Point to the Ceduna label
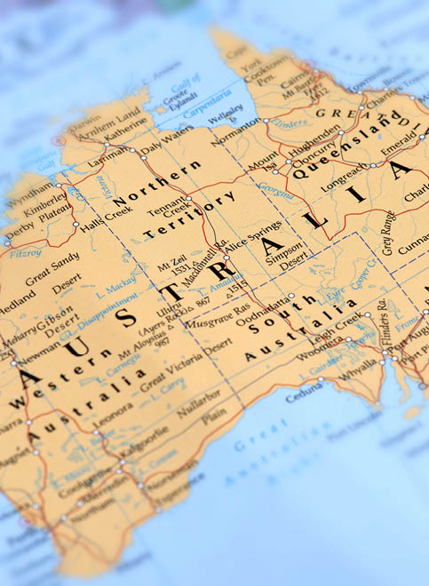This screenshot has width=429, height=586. click(x=306, y=394)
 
